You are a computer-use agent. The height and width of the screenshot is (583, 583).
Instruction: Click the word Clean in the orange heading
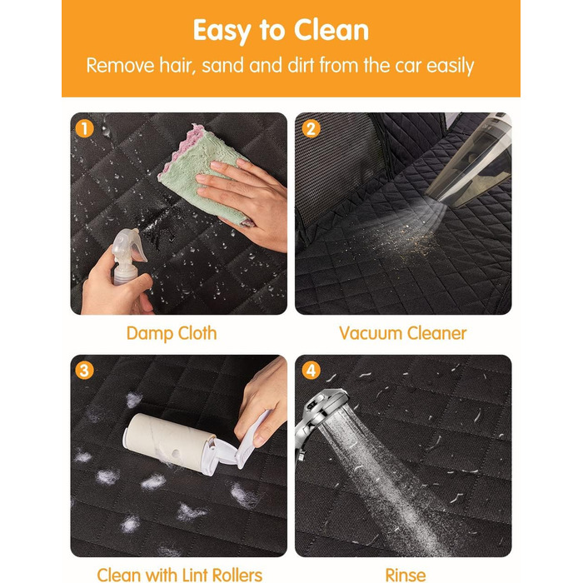click(331, 30)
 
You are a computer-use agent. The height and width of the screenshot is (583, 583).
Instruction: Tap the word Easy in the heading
click(222, 32)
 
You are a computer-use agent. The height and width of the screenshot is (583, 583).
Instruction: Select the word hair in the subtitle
click(177, 65)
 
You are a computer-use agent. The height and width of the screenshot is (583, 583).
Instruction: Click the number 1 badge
click(84, 128)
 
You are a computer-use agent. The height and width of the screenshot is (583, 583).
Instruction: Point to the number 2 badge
click(311, 128)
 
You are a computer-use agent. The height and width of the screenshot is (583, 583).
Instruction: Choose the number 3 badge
click(84, 371)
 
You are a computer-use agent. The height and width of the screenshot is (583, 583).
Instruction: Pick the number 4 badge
click(311, 371)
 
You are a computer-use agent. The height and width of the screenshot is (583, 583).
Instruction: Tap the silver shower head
click(321, 416)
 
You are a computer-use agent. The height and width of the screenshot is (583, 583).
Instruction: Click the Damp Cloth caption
click(172, 333)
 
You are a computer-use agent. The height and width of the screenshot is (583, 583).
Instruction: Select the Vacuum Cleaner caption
click(402, 333)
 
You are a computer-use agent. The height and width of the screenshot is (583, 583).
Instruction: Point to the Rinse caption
click(406, 575)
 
